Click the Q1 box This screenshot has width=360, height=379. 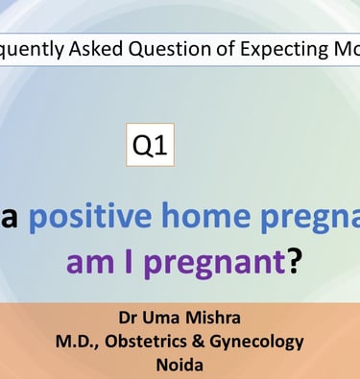[x=151, y=145]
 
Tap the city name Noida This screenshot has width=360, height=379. [x=180, y=365]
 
